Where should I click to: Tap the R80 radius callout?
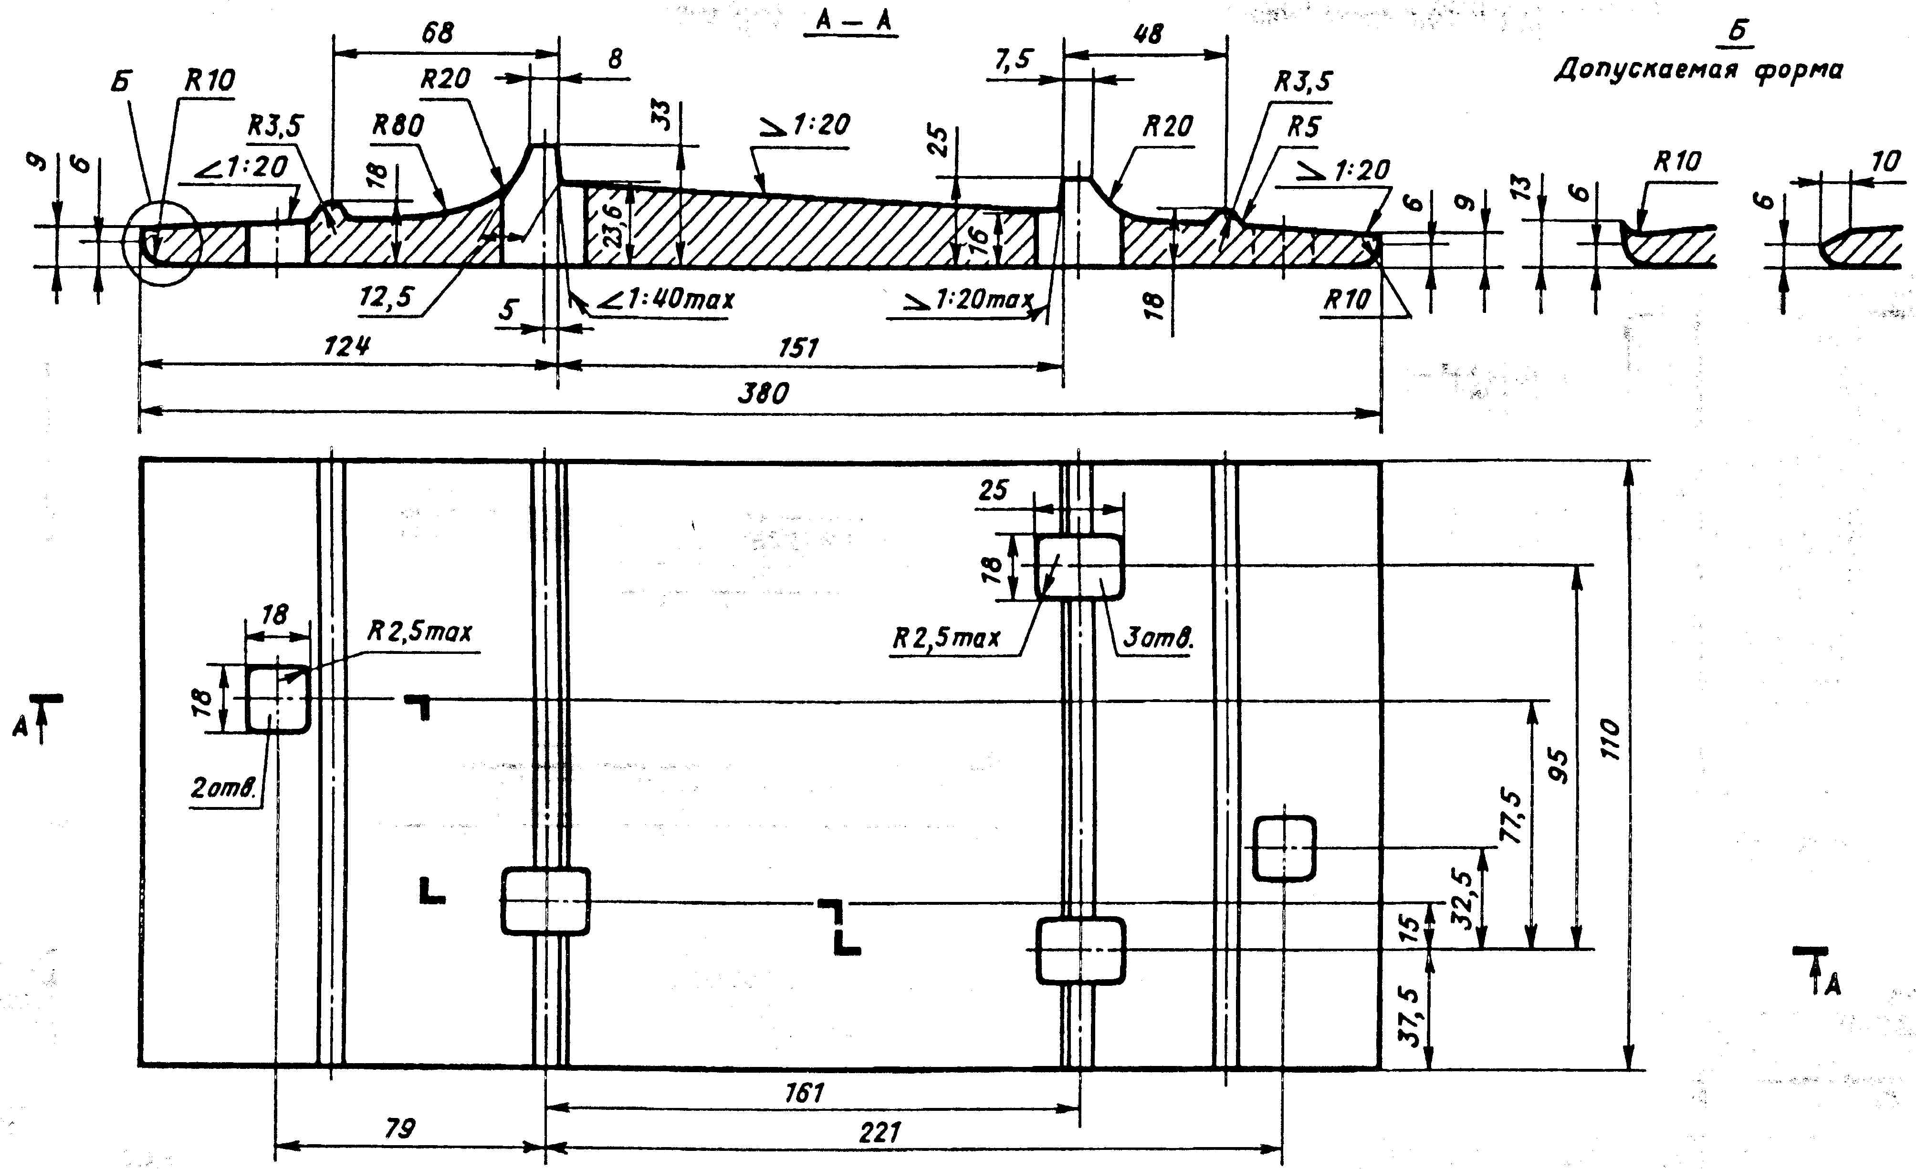point(398,124)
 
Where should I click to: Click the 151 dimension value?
point(798,347)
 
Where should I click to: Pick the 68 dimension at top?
point(438,32)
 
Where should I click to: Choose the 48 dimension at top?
point(1149,33)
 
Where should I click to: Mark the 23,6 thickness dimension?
point(614,226)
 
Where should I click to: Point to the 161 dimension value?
point(804,1093)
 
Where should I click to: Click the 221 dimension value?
point(879,1132)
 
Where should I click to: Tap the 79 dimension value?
point(400,1128)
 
